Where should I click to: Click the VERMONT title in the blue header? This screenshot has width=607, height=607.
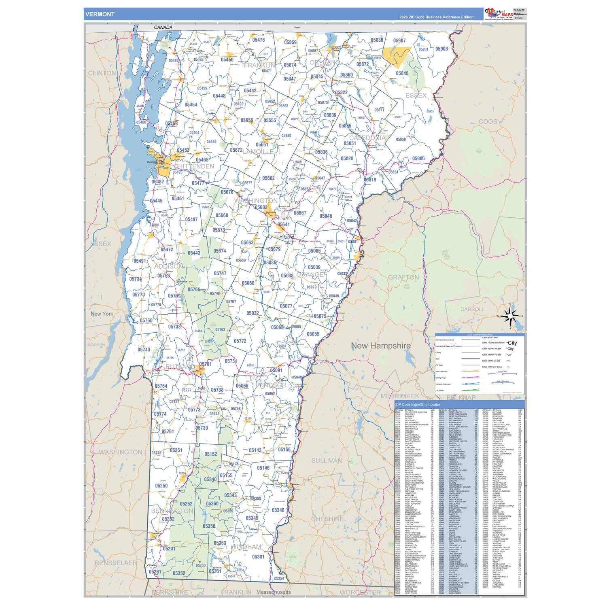tap(100, 14)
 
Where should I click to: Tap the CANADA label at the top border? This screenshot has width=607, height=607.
tap(163, 28)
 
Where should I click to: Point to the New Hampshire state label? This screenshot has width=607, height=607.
tap(380, 346)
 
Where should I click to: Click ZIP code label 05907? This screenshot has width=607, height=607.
tap(399, 40)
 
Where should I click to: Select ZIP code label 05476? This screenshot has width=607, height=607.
tap(258, 40)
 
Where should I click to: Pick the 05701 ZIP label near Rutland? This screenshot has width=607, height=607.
tap(205, 364)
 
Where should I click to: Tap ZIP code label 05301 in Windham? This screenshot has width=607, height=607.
tap(258, 557)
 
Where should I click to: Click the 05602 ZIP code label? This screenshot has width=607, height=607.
tap(261, 207)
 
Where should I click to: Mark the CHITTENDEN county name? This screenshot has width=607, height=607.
tap(194, 166)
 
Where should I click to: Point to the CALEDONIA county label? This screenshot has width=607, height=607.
tap(367, 138)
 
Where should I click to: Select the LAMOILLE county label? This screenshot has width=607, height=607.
tap(258, 152)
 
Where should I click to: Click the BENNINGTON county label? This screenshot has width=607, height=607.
tap(172, 511)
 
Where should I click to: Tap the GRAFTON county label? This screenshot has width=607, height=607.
tap(403, 277)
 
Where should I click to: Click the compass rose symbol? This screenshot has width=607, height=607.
tap(510, 316)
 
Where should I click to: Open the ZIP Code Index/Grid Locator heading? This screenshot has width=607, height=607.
tap(418, 404)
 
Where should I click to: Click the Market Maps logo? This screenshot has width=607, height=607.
tap(499, 14)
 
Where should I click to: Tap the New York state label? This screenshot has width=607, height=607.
tap(102, 314)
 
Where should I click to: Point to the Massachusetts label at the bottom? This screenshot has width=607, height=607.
tap(274, 592)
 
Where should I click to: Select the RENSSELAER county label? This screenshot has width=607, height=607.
tap(116, 563)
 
